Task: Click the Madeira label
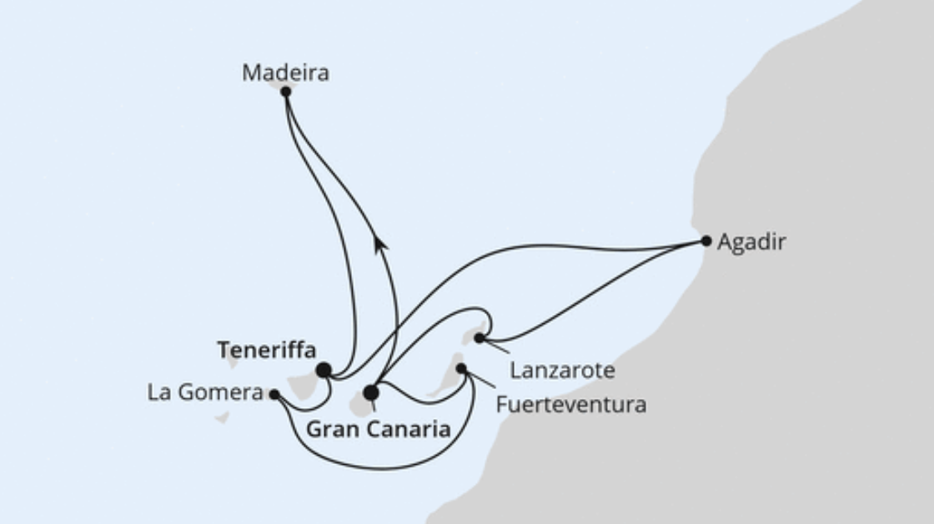(x=285, y=72)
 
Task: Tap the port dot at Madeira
(x=285, y=92)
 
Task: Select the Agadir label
(x=751, y=242)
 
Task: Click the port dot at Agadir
(x=706, y=241)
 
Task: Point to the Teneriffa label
(x=266, y=351)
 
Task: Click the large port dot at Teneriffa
(x=323, y=369)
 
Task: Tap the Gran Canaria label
(x=379, y=430)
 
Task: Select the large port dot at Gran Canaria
(x=371, y=392)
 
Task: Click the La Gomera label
(x=205, y=393)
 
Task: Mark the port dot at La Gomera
(x=274, y=394)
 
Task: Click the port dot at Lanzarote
(x=480, y=338)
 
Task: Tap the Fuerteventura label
(x=570, y=405)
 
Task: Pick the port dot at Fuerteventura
(x=461, y=368)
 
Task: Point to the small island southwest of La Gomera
(x=222, y=417)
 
